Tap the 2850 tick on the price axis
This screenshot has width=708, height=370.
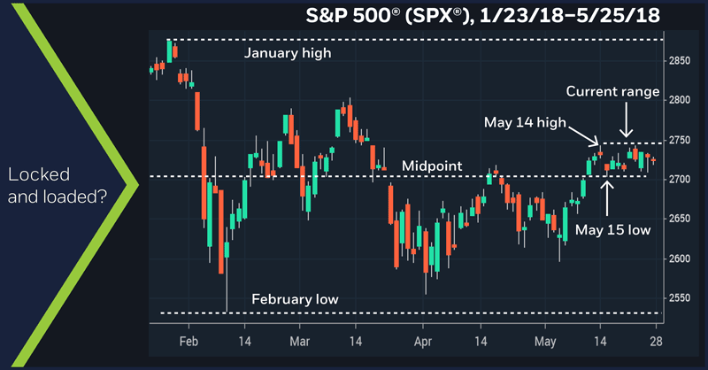(680, 60)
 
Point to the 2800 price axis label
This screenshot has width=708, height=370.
(680, 100)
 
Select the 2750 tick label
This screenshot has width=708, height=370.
(680, 140)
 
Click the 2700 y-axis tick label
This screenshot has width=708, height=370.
(680, 180)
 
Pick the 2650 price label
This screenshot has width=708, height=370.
(680, 220)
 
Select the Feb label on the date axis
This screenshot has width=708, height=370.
(189, 340)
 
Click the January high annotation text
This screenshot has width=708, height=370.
(287, 53)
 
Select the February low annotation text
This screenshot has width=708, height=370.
(295, 299)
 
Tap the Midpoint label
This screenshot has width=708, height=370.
(432, 166)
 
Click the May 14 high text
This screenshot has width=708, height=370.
(523, 121)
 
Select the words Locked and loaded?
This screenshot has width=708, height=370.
(57, 184)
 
